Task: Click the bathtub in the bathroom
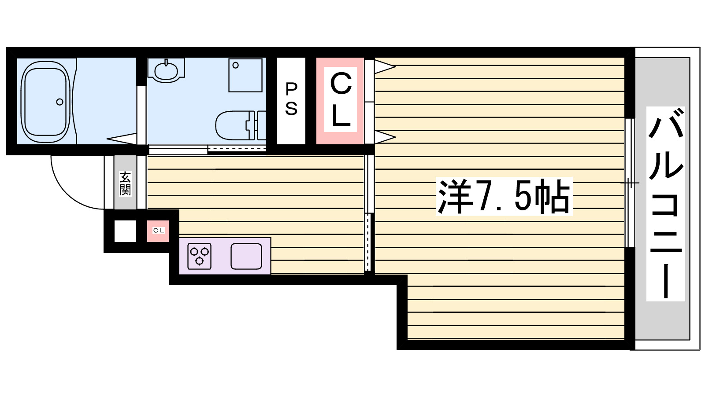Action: (46, 102)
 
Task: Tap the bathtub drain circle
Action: (59, 102)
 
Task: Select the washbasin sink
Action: (166, 70)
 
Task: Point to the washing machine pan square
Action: (245, 75)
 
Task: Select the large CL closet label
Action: (340, 100)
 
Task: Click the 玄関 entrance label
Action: (125, 183)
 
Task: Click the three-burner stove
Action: (200, 256)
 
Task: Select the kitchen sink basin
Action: (246, 256)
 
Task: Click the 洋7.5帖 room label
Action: (503, 196)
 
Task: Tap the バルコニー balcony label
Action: (665, 203)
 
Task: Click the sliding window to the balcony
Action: (630, 183)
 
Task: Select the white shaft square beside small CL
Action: (125, 231)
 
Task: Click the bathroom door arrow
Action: (122, 139)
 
